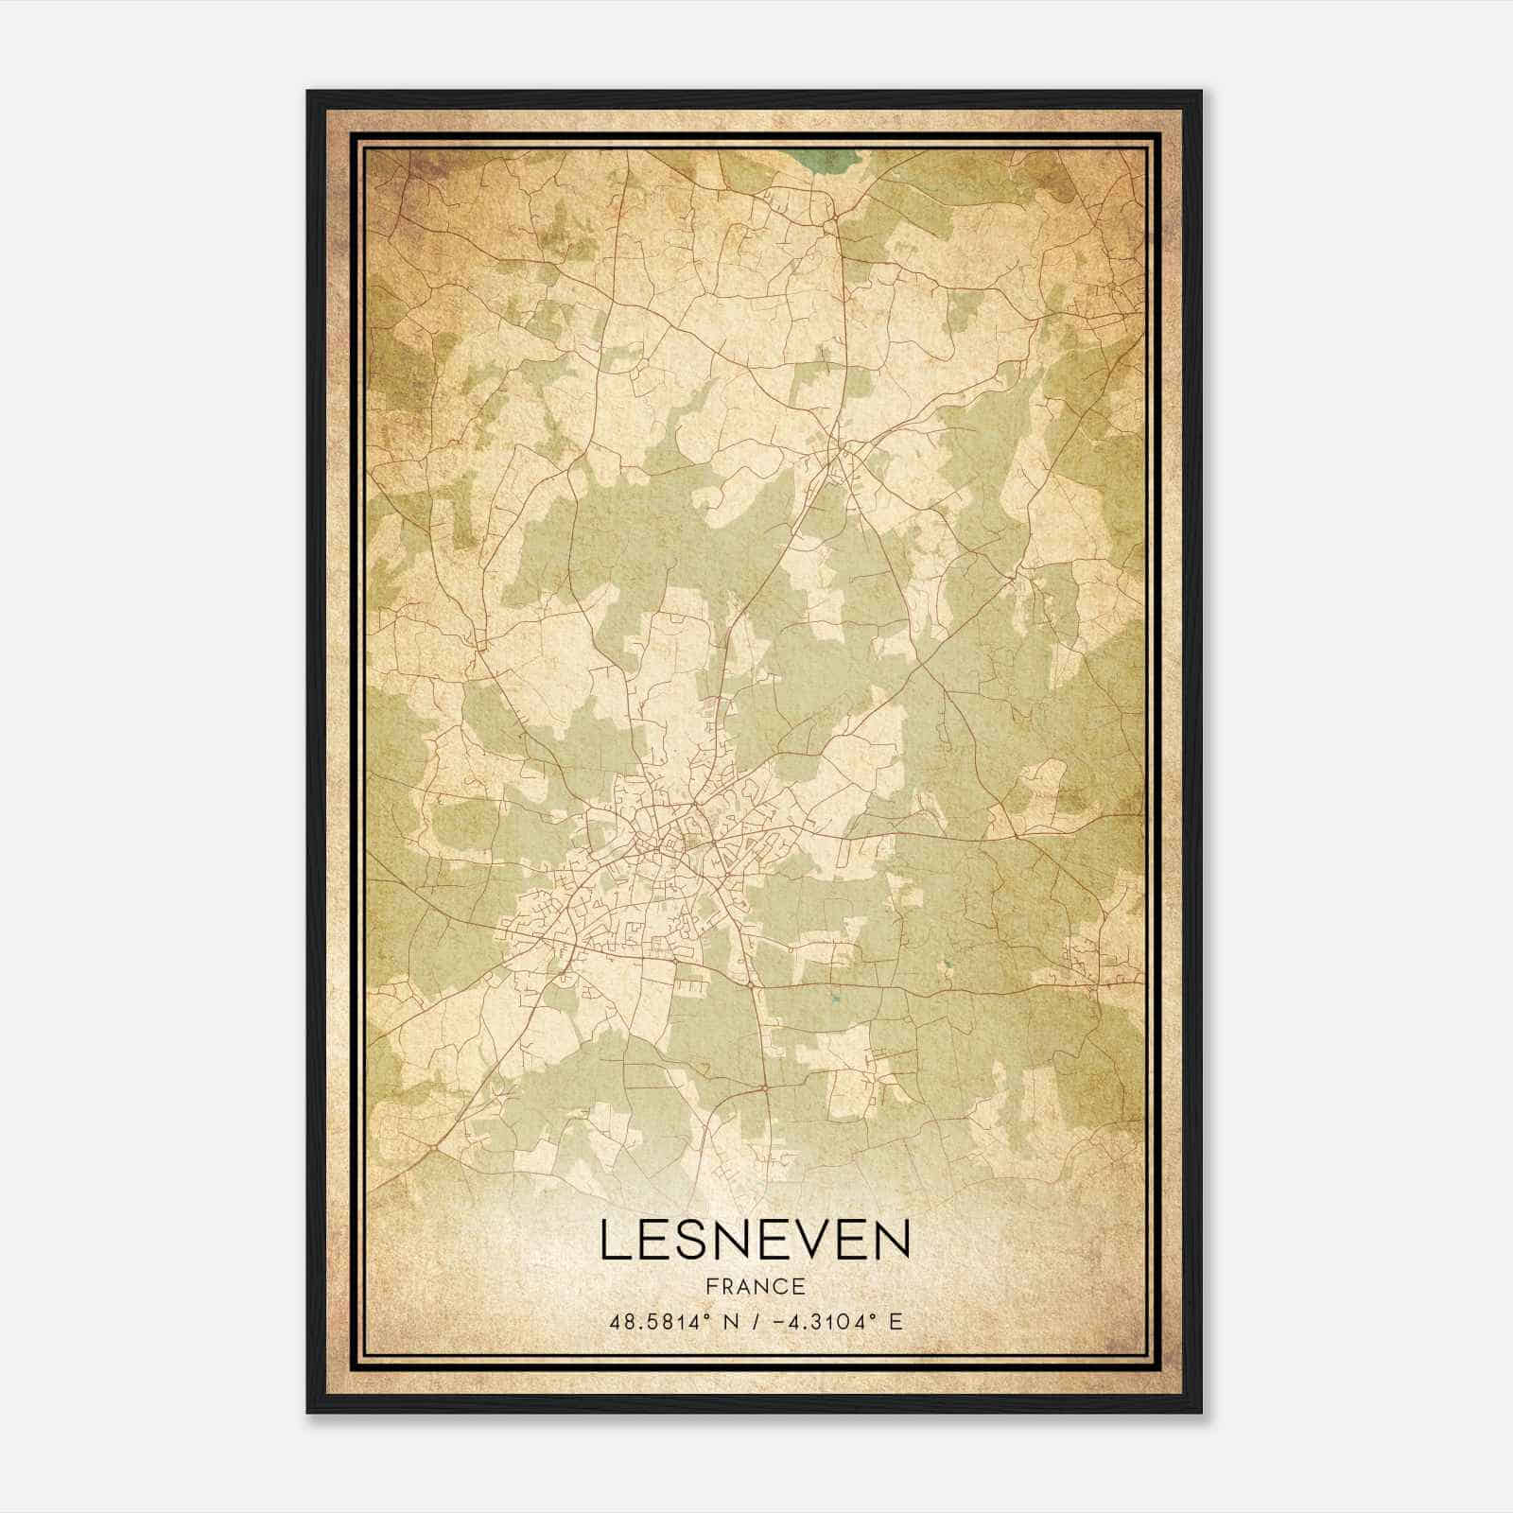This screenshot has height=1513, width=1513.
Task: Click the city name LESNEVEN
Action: click(755, 1240)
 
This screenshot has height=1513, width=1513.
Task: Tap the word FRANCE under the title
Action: click(755, 1286)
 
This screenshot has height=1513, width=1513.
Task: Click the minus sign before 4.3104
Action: click(777, 1320)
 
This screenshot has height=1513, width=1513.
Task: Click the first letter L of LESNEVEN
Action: click(613, 1240)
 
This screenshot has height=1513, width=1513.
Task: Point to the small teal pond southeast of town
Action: click(835, 997)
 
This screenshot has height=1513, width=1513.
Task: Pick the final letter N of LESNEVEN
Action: click(893, 1240)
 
